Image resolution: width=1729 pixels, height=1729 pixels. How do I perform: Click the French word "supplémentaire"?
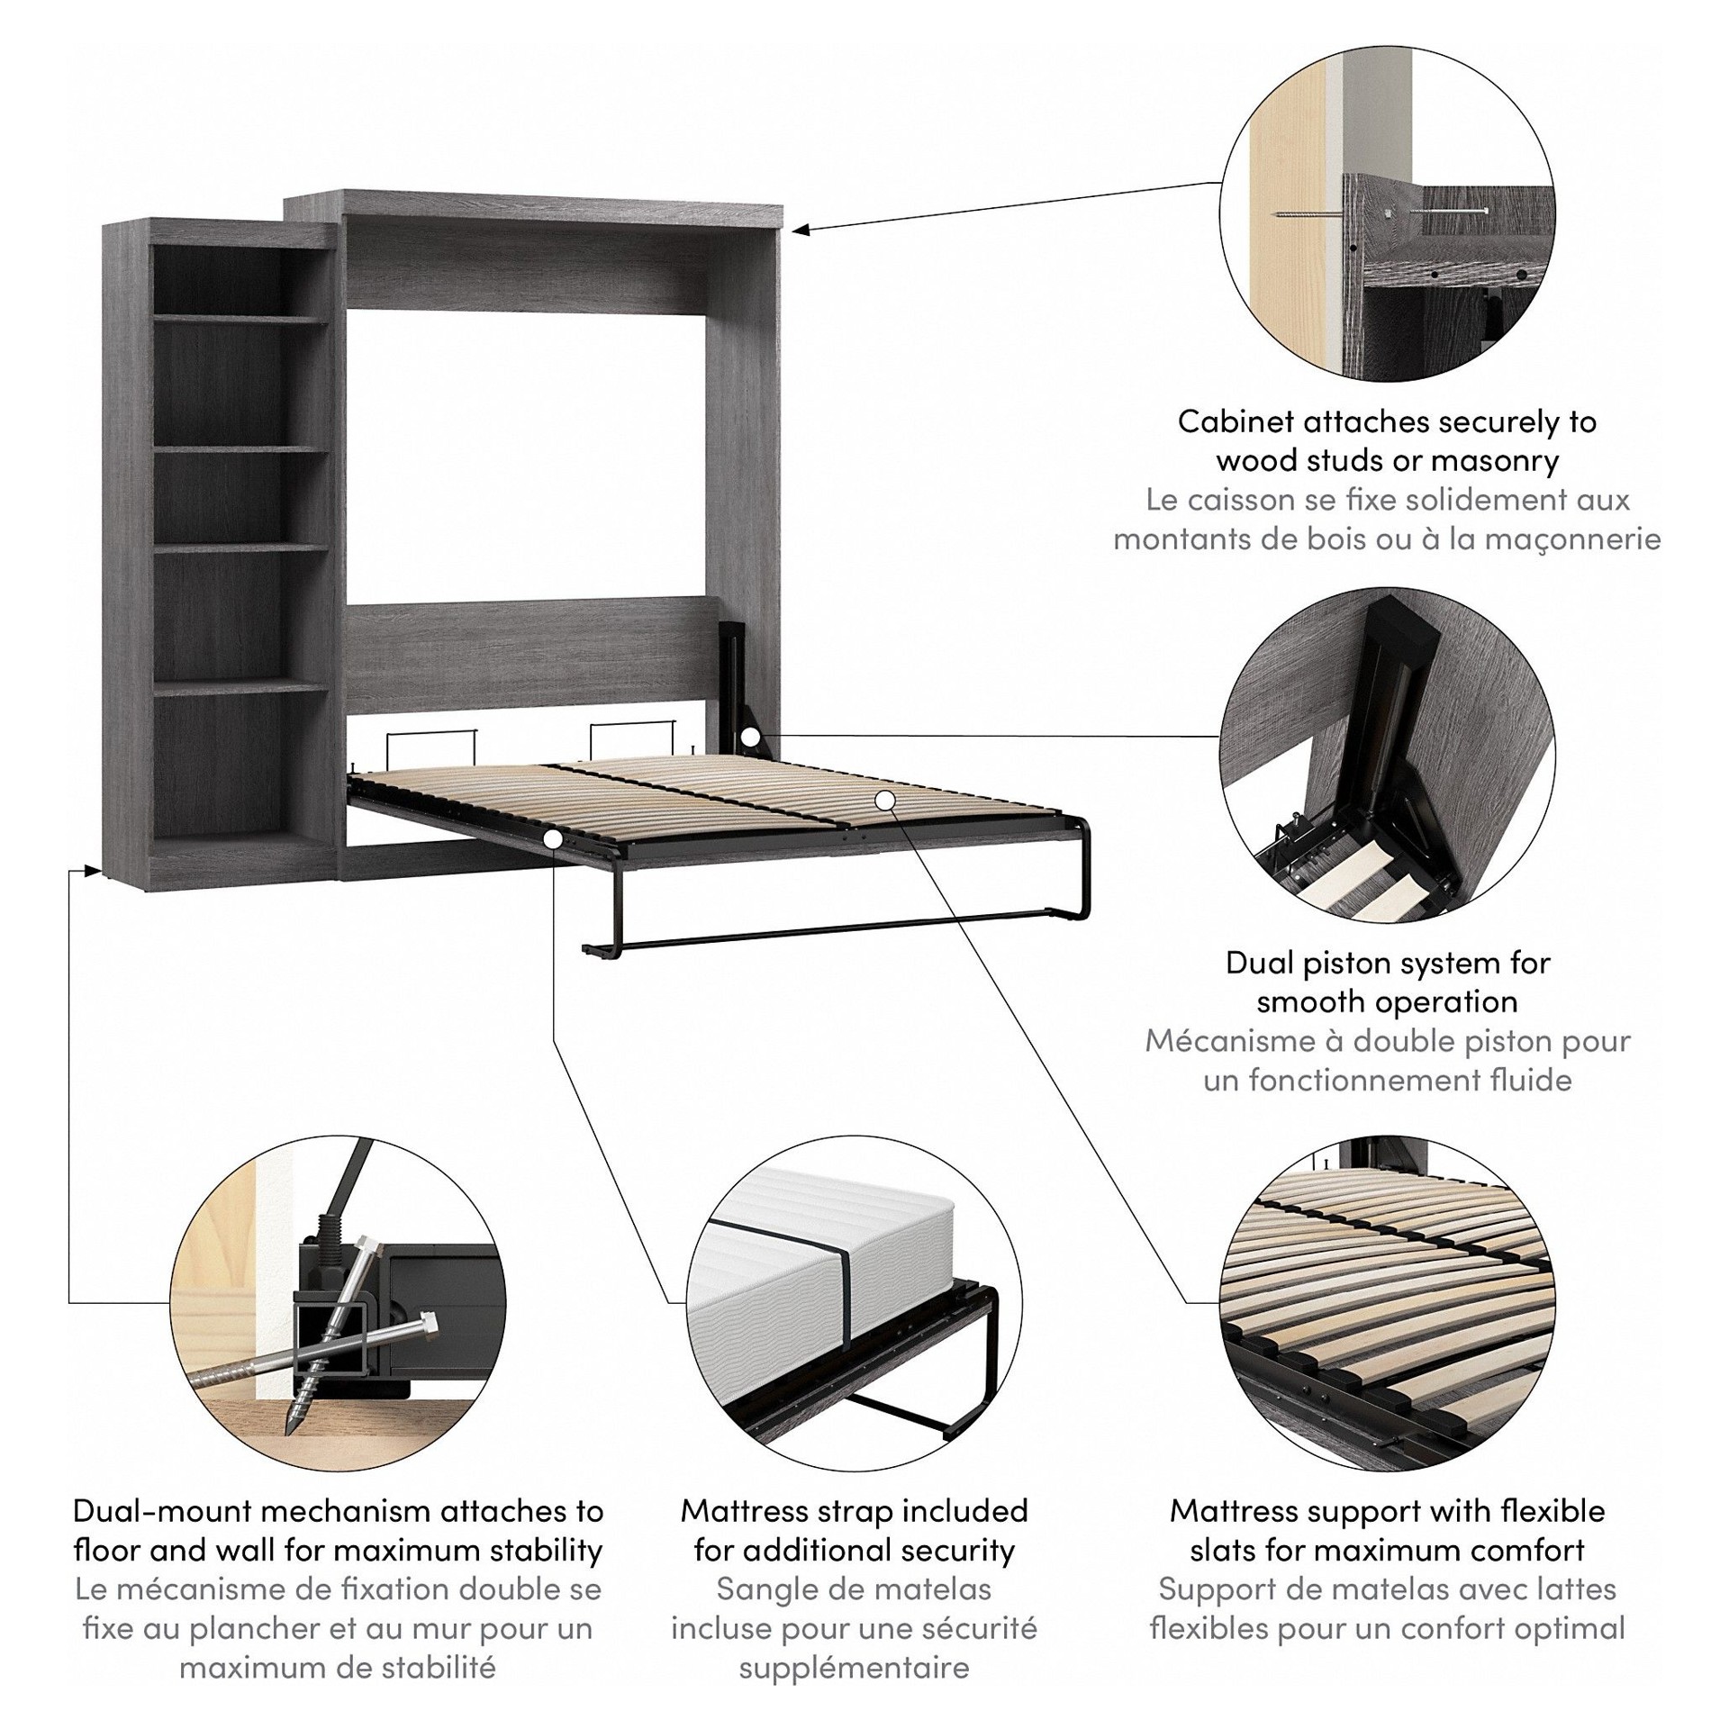click(x=854, y=1668)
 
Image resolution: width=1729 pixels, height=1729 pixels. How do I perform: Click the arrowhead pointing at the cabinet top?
click(x=800, y=230)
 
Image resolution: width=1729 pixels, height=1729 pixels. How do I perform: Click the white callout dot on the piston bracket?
click(x=750, y=737)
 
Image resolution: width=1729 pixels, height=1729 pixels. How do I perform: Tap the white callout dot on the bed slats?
click(x=884, y=799)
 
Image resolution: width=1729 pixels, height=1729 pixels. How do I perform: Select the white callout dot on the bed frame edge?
click(x=554, y=838)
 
